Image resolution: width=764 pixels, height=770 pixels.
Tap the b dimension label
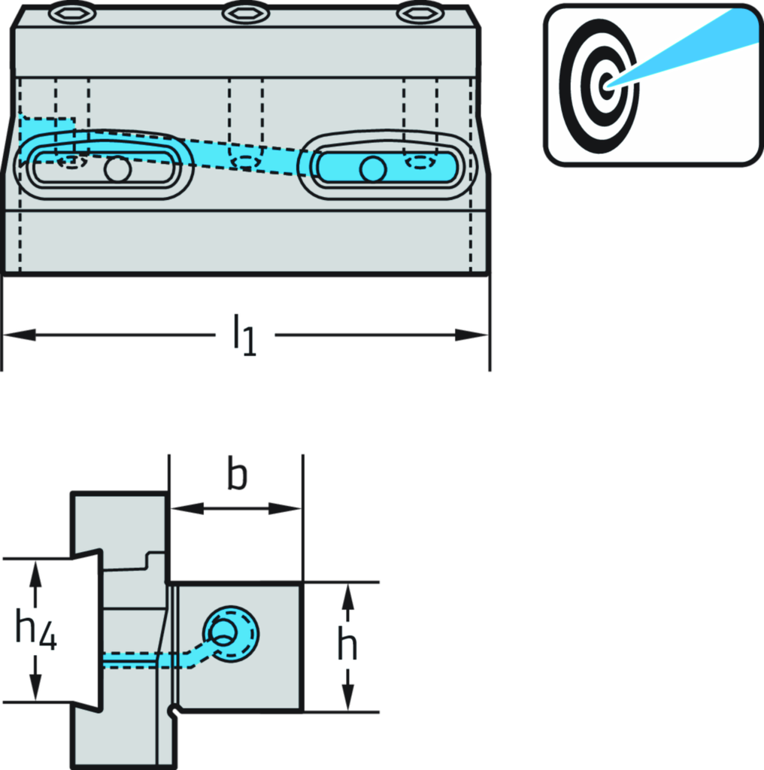click(237, 477)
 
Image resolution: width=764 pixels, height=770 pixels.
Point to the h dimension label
click(347, 644)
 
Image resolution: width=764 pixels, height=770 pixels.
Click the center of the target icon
click(605, 83)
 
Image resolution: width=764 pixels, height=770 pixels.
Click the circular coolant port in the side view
click(231, 632)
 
